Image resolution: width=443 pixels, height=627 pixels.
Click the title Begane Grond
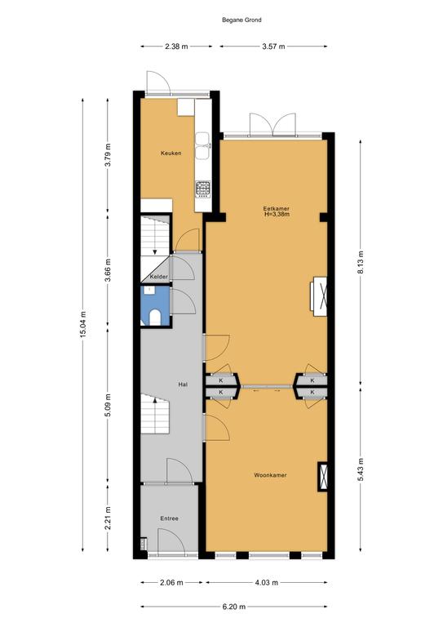coord(241,20)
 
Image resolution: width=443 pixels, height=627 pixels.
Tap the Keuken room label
coord(171,153)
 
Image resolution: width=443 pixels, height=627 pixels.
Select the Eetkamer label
coord(276,209)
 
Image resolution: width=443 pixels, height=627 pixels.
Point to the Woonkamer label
coord(270,475)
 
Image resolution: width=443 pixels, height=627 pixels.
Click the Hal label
coord(183,385)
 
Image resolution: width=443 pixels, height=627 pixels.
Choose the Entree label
coord(170,518)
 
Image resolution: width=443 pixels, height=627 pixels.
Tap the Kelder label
coord(158,277)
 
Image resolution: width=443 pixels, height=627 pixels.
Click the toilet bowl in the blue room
coord(154,318)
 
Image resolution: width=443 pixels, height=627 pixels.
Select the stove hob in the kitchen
coord(203,189)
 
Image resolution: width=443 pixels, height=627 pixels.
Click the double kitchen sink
coord(202,145)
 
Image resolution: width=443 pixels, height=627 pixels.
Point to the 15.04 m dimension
coord(83,324)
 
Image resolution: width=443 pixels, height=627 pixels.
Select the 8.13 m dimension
coord(361,262)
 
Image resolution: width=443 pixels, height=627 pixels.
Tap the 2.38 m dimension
coord(176,47)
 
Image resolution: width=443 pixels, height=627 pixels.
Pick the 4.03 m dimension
coord(267,583)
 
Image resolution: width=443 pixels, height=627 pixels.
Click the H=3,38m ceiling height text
coord(277,215)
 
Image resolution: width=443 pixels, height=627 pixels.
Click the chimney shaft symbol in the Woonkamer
coord(323,477)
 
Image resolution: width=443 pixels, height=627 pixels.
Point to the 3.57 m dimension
coord(273,47)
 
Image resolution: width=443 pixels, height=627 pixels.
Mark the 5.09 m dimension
coord(108,405)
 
